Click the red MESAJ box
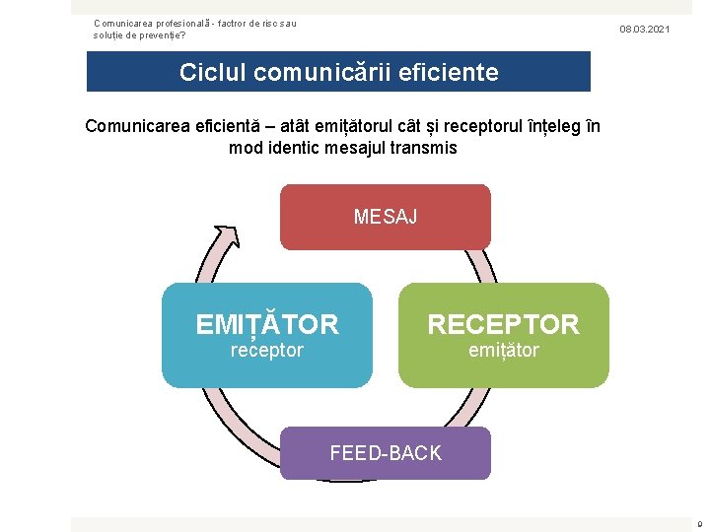[386, 217]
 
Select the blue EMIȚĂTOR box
[267, 335]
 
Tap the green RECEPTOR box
[503, 335]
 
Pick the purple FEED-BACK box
[386, 453]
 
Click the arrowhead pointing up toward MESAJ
[225, 236]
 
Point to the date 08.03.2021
[644, 30]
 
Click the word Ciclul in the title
[213, 72]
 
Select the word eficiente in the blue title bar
[448, 72]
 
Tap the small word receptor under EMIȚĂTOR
[266, 350]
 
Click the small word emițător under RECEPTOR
[503, 350]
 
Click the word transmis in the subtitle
[424, 148]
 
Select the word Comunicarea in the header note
[124, 23]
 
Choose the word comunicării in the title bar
[329, 72]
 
